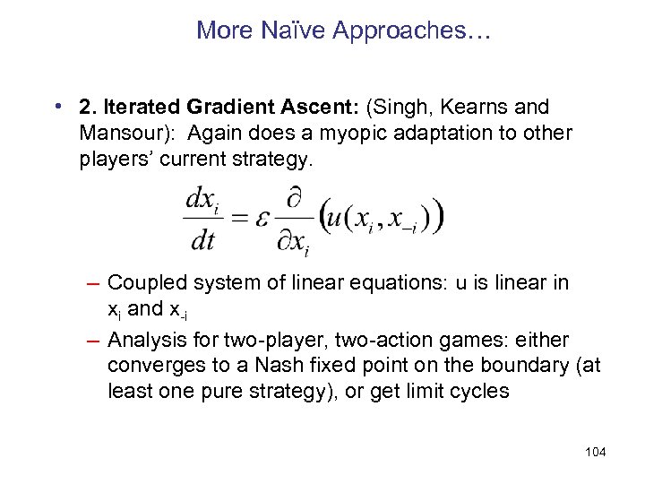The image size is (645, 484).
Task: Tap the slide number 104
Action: click(595, 452)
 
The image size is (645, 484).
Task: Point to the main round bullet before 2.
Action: click(57, 108)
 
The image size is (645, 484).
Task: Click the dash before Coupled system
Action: click(93, 283)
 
